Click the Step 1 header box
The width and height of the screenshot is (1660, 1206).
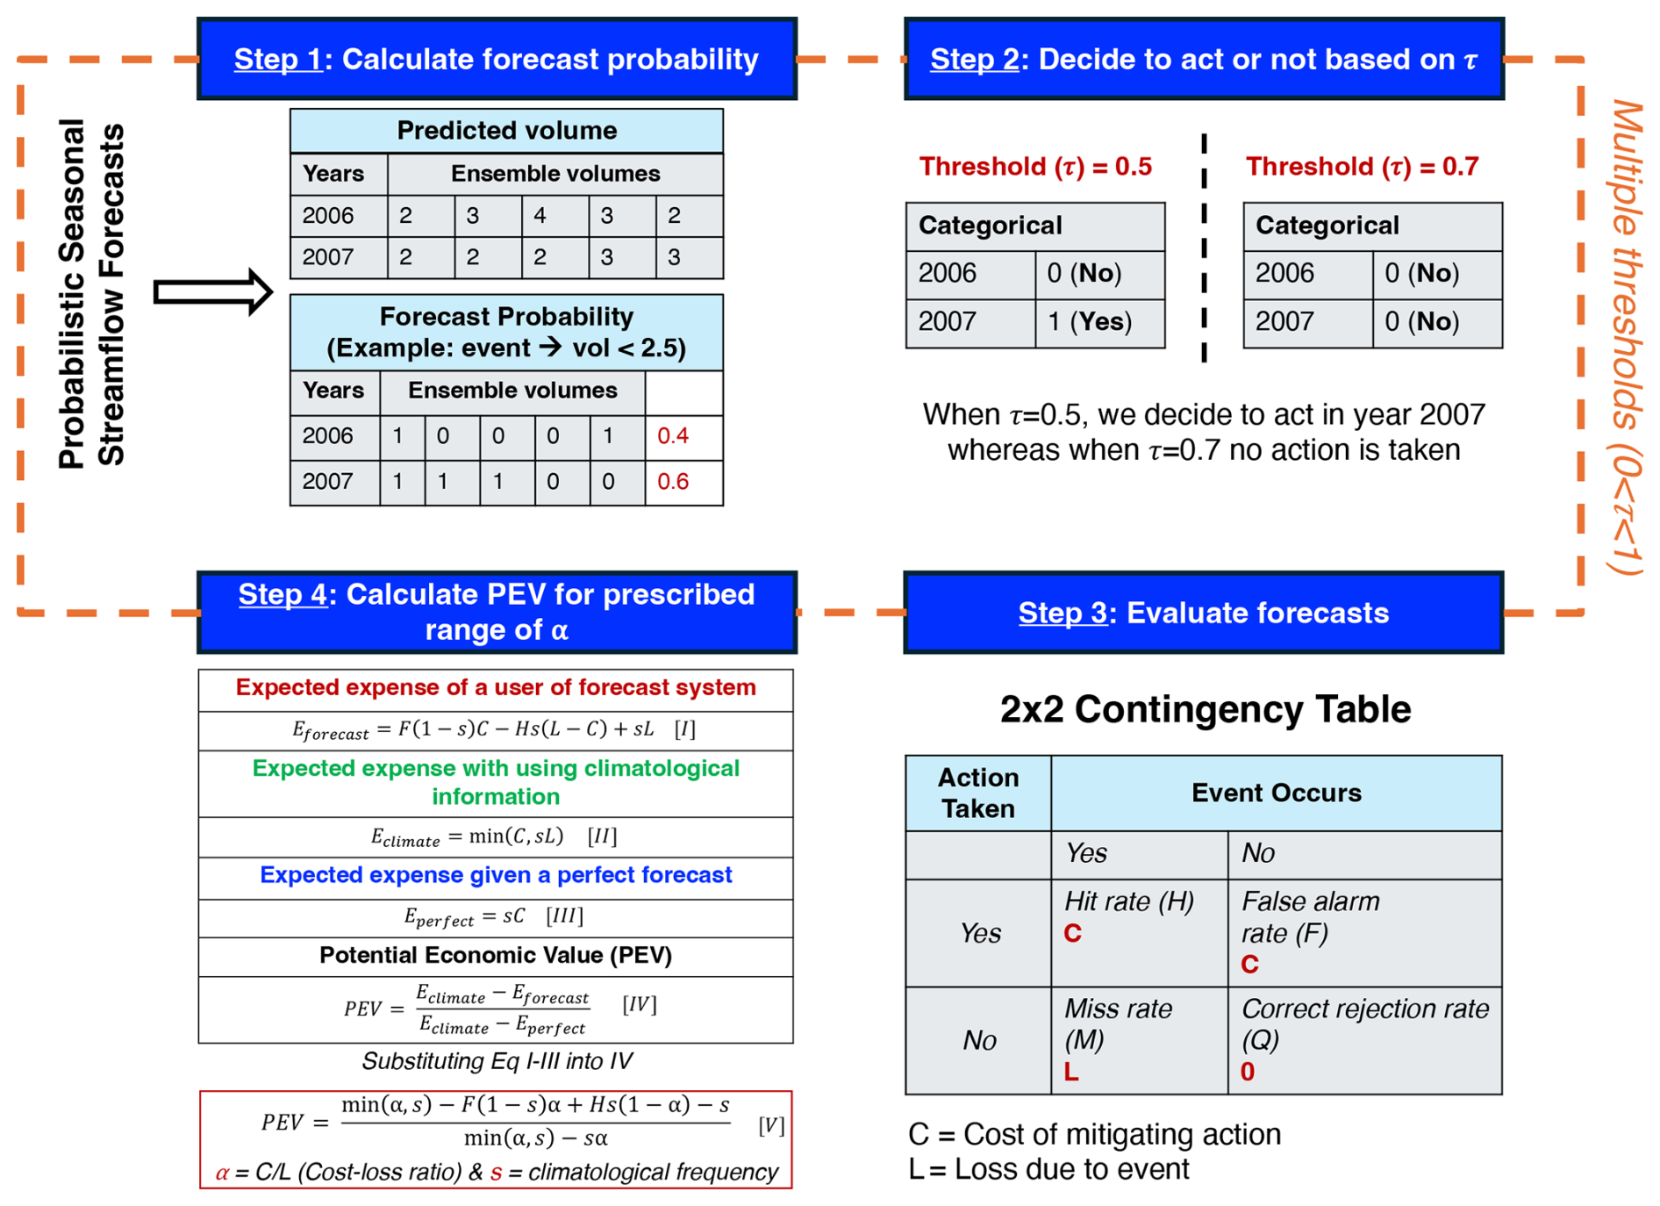[x=497, y=59]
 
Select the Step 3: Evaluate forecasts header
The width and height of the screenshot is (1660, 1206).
[x=1203, y=613]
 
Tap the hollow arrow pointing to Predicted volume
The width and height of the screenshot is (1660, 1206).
[x=212, y=291]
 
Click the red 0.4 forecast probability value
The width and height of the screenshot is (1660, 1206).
[x=673, y=436]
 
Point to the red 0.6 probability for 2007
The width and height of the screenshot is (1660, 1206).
[x=673, y=482]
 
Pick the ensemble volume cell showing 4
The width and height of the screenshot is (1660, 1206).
[x=540, y=216]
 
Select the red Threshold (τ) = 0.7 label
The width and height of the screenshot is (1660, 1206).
[x=1362, y=167]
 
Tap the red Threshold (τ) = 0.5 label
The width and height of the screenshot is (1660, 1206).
[x=1035, y=167]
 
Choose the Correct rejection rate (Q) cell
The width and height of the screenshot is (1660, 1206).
[x=1364, y=1039]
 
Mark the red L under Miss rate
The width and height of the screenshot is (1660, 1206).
[x=1071, y=1072]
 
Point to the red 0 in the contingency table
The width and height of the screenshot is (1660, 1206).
[x=1248, y=1072]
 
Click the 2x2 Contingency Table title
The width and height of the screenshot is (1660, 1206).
[x=1205, y=709]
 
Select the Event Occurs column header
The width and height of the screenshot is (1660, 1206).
[x=1276, y=793]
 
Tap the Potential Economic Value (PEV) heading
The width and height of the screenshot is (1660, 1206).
[x=496, y=955]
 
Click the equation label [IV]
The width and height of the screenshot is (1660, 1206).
[x=639, y=1004]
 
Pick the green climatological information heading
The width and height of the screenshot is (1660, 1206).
[x=496, y=782]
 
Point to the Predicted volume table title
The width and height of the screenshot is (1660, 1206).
[x=506, y=131]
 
